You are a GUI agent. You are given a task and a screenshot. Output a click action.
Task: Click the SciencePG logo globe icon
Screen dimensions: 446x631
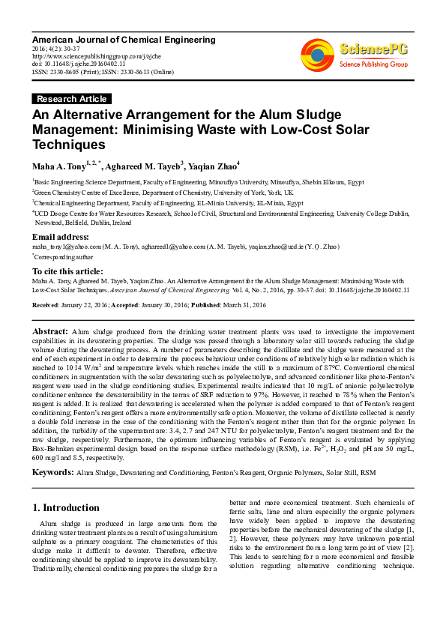(317, 52)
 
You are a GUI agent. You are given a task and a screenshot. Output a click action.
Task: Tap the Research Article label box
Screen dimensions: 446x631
(72, 99)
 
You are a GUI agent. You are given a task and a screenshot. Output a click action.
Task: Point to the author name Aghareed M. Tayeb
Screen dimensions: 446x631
(142, 166)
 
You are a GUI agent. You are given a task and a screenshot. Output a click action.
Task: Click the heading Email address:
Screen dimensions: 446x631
(61, 238)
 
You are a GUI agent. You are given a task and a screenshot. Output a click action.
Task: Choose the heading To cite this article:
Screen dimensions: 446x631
(67, 271)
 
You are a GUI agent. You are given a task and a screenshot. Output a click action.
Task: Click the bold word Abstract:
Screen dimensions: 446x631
(50, 331)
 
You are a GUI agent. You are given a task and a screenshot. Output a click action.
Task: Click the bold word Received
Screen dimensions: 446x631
(46, 306)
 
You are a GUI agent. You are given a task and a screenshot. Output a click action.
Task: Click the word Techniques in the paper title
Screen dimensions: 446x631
(68, 145)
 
